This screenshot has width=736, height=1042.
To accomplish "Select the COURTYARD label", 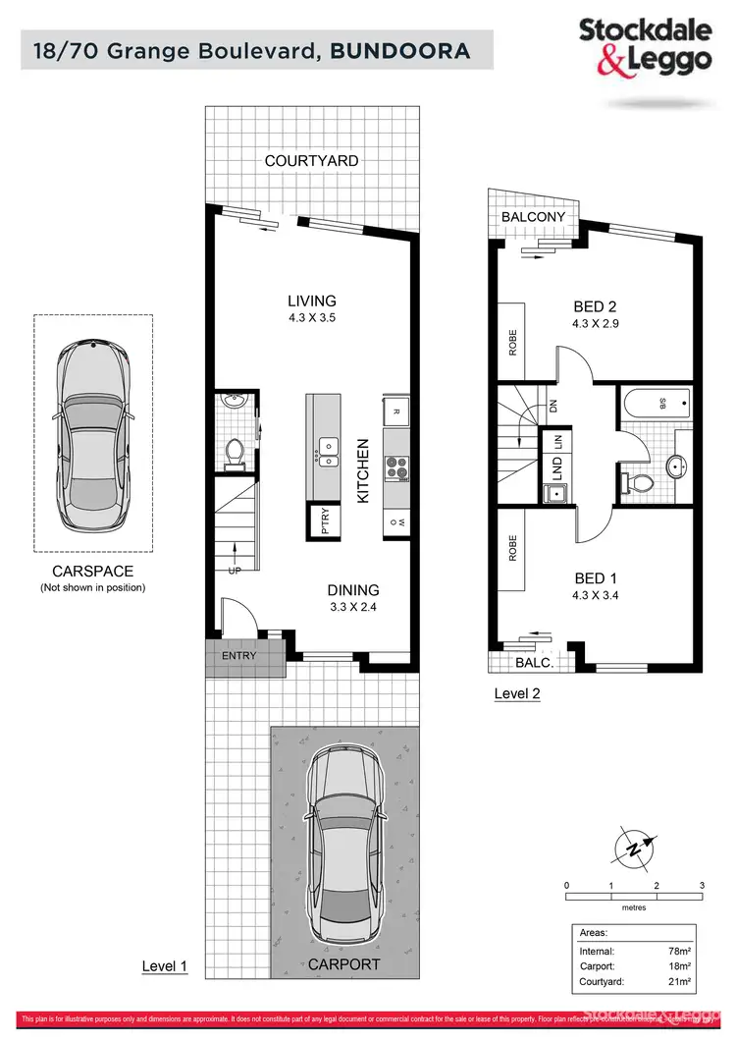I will pos(312,160).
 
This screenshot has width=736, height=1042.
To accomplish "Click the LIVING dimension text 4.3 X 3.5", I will pos(312,318).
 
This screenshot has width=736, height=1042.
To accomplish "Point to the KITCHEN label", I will pos(362,470).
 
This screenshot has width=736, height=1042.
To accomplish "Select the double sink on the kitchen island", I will pos(327,453).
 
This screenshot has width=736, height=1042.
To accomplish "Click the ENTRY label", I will pos(239,656).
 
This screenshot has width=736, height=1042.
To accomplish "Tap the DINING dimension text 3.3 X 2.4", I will pos(353,607).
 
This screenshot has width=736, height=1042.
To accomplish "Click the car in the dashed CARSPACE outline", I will pos(93,431).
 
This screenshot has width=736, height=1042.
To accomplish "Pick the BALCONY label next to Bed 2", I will pos(533,217).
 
